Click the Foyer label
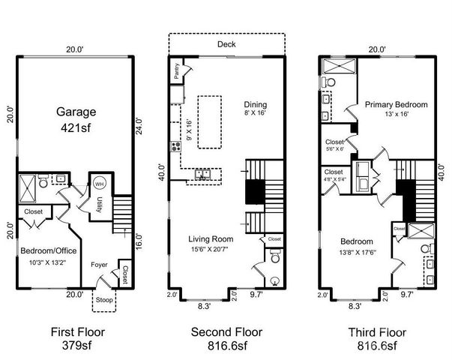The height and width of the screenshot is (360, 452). [x=99, y=265]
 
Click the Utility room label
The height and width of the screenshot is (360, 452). [x=97, y=204]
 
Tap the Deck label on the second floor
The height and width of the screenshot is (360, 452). [x=226, y=44]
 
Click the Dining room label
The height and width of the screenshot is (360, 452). [x=255, y=104]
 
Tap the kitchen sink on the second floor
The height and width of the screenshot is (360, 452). [x=202, y=175]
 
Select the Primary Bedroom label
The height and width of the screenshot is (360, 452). [x=396, y=105]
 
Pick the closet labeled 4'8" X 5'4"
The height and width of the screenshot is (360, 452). [x=334, y=176]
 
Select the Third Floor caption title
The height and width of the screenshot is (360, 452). [x=373, y=331]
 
